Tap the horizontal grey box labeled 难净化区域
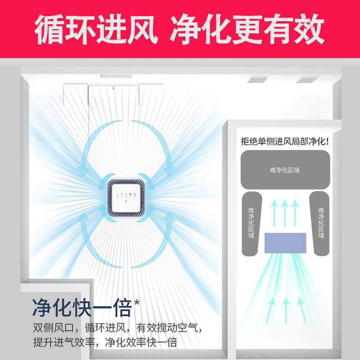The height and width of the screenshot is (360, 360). (284, 170)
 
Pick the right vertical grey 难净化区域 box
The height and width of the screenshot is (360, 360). (320, 223)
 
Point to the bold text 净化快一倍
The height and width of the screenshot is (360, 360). (81, 307)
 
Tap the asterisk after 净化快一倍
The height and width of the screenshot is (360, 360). (137, 302)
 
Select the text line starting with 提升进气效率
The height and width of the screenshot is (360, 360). (104, 342)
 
